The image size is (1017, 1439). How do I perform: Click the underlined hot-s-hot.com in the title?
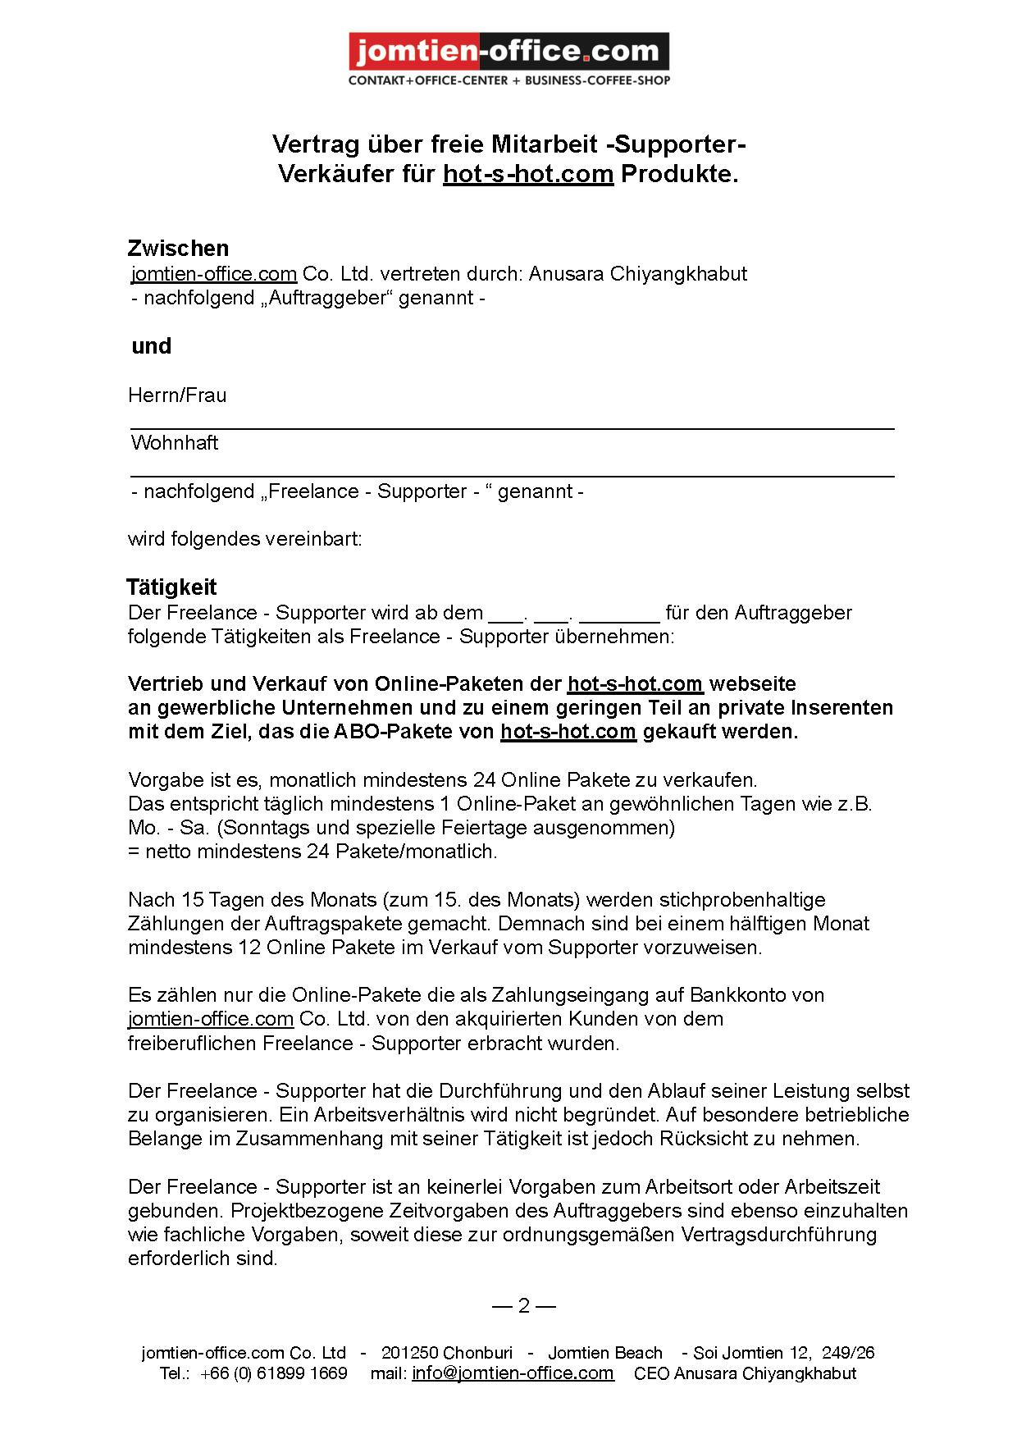coord(528,174)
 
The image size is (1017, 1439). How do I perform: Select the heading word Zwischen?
coord(178,248)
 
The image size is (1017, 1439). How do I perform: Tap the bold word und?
coord(152,346)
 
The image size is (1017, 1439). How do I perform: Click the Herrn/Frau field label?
coord(177,395)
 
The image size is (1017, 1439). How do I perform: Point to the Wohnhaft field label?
coord(175,443)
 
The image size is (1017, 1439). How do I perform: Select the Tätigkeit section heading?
coord(171,587)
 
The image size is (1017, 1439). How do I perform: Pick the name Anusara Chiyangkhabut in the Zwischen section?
coord(638,273)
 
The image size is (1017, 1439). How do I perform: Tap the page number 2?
coord(524,1306)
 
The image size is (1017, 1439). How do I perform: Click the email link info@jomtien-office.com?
coord(513,1373)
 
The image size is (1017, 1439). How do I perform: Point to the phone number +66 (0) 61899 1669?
coord(273,1373)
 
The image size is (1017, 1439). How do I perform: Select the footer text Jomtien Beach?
coord(605,1353)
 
